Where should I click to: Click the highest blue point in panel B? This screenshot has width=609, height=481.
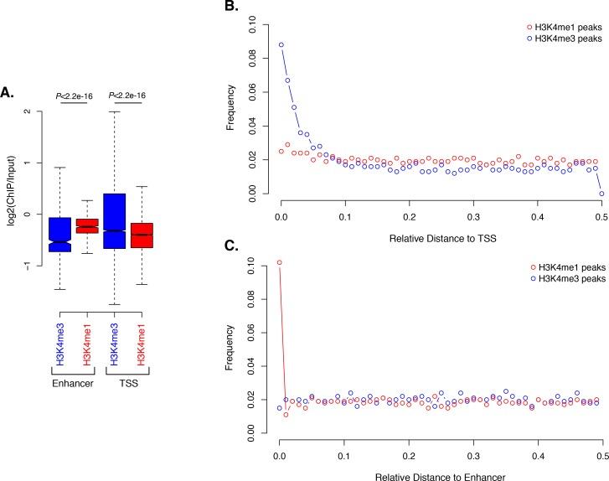(x=281, y=45)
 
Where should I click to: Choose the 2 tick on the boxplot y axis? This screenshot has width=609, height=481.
(x=27, y=111)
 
